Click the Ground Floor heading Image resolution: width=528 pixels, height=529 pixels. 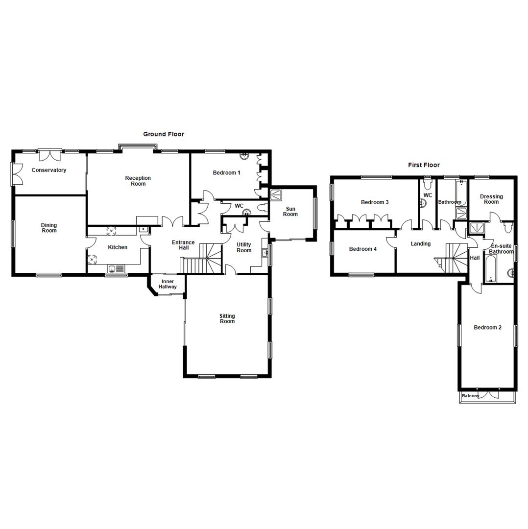(x=164, y=134)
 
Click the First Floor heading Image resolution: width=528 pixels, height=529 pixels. (x=424, y=165)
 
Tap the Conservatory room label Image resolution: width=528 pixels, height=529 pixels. (x=48, y=170)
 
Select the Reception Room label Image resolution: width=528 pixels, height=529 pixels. (x=138, y=181)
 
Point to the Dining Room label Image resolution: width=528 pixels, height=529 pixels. (x=49, y=228)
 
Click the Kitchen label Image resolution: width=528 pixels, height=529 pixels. (x=118, y=247)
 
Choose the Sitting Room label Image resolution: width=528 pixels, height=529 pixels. (x=227, y=319)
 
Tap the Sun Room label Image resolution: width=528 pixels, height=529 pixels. (x=290, y=211)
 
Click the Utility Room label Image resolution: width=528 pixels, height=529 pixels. (x=244, y=247)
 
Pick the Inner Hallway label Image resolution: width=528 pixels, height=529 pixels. (x=168, y=284)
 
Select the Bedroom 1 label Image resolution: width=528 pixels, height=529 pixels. (x=226, y=172)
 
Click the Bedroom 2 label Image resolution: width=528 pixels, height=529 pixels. (x=487, y=327)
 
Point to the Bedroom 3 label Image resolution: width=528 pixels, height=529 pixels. (x=375, y=202)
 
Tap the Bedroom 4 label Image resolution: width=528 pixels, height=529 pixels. (x=363, y=249)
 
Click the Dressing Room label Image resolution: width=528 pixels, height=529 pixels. (x=491, y=199)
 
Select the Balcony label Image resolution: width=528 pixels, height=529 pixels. (x=471, y=396)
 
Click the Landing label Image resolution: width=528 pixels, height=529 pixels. (x=421, y=243)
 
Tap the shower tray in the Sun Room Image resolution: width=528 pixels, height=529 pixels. (x=276, y=194)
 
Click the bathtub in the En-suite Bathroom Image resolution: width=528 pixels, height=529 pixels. (x=491, y=268)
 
